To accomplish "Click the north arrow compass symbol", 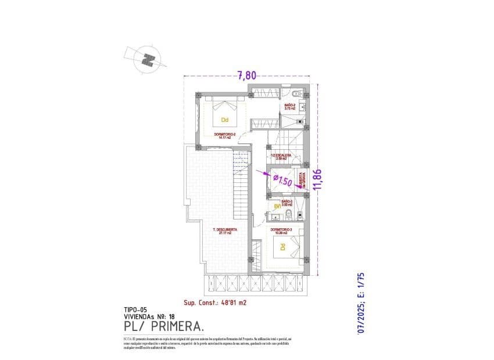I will pyautogui.click(x=149, y=59).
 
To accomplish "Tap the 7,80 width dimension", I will pyautogui.click(x=247, y=74).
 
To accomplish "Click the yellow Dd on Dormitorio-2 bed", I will pyautogui.click(x=225, y=120).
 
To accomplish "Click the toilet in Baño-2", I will pyautogui.click(x=296, y=94).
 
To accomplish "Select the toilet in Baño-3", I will pyautogui.click(x=288, y=217).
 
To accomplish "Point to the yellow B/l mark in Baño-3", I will pyautogui.click(x=278, y=206).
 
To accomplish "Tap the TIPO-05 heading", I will pyautogui.click(x=135, y=310).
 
